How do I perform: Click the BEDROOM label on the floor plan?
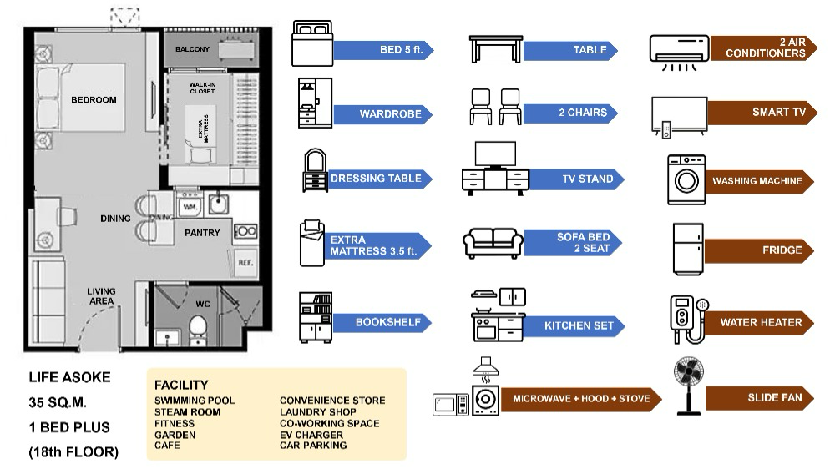[94, 100]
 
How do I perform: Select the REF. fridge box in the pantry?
[245, 261]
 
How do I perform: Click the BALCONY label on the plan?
[192, 50]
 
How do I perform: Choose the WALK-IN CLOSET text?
[202, 88]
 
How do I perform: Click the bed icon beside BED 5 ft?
[312, 44]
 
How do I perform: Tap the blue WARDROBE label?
[382, 113]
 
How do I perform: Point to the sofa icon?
[493, 242]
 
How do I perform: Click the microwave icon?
[450, 405]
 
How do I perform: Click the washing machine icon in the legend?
[686, 179]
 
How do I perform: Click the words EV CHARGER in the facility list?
[311, 435]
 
